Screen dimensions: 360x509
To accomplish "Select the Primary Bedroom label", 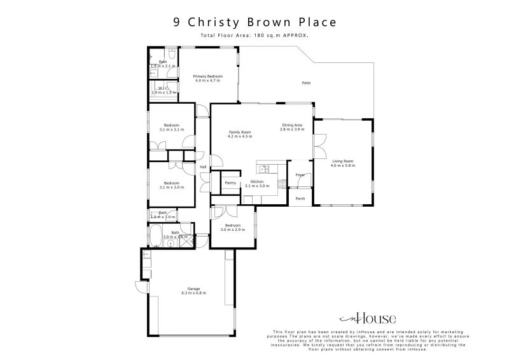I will pyautogui.click(x=207, y=76).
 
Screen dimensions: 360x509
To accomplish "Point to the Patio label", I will pyautogui.click(x=305, y=83).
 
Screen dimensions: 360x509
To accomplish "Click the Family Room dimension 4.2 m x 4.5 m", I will pyautogui.click(x=240, y=137).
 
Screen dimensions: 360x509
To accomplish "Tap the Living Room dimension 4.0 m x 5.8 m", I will pyautogui.click(x=343, y=165).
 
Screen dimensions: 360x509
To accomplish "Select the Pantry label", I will pyautogui.click(x=230, y=183).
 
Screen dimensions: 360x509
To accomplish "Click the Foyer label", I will pyautogui.click(x=299, y=175).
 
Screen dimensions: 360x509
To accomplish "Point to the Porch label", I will pyautogui.click(x=300, y=198).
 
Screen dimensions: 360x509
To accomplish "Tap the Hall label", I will pyautogui.click(x=204, y=167).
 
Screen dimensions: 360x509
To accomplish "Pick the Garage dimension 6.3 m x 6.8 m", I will pyautogui.click(x=193, y=293).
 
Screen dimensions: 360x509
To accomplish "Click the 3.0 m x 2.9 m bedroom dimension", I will pyautogui.click(x=231, y=229).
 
